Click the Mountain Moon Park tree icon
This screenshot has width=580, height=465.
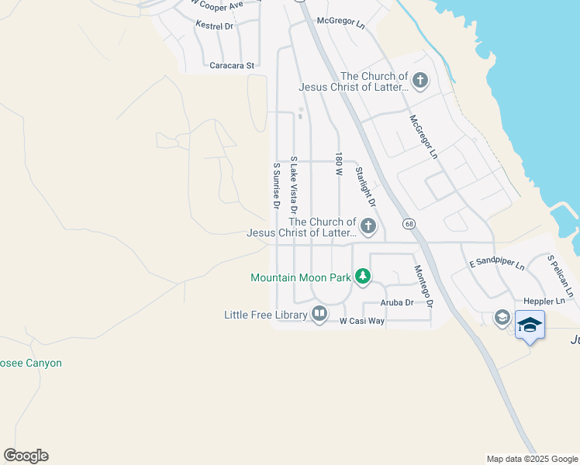362,276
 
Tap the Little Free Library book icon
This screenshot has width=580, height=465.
319,313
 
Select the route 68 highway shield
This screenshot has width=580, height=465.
408,224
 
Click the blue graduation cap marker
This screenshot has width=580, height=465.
530,325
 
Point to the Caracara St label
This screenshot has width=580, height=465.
232,66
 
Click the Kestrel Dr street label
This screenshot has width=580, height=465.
215,26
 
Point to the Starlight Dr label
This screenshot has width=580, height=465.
364,187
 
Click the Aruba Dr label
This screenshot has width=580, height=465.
397,302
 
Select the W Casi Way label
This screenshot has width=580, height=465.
362,320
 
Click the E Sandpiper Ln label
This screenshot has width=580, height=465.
497,264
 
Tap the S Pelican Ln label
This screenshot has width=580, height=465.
561,276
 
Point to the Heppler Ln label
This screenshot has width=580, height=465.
544,301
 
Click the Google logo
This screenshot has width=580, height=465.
26,456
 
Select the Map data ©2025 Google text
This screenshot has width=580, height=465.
532,459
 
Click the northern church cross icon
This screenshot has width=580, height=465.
419,81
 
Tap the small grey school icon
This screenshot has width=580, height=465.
502,318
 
